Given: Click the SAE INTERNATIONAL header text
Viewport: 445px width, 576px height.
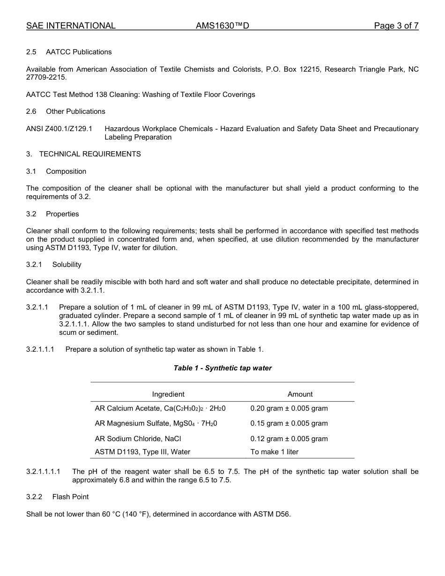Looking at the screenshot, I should coord(71,26).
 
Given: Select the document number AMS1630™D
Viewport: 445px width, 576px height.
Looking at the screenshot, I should coord(222,26).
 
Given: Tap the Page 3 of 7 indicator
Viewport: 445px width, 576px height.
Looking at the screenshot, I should coord(396,26).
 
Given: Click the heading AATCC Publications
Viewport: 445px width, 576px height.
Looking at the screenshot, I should coord(79,52).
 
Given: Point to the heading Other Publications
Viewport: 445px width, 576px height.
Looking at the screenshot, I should coord(75,111).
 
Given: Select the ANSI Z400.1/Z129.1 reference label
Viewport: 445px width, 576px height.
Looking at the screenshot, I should coord(59,129).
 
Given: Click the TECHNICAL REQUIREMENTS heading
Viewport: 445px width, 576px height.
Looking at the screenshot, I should coord(89,154).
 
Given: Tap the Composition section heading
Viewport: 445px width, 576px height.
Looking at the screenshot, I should coord(66,171).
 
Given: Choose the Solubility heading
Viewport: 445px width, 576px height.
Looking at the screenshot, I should coord(67,265).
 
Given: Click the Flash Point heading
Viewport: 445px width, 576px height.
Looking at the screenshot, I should coord(70,496).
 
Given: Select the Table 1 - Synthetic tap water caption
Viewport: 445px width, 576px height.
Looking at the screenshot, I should coord(222,368).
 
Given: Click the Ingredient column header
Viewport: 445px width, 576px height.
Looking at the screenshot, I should coord(168,394).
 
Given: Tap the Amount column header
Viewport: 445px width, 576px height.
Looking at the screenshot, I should coord(300,394).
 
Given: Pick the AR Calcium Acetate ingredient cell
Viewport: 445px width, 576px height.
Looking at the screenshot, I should coord(160,408).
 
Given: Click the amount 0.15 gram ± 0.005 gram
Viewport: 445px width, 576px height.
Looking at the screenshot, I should coord(289,423).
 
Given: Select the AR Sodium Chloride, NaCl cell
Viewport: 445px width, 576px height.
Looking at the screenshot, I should coord(138,439).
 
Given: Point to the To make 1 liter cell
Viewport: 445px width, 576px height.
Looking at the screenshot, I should coord(274,452).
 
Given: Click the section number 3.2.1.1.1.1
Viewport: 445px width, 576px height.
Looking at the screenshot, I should coord(43,472).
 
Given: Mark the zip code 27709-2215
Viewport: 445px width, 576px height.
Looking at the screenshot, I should coord(46,77).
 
